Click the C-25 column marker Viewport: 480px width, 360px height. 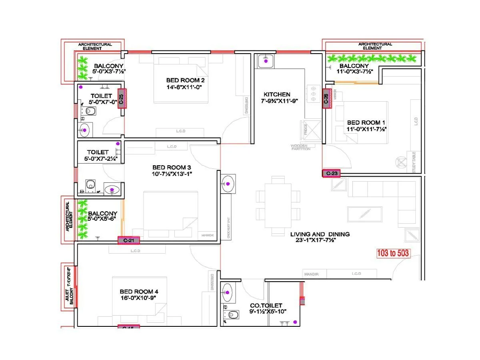(x=122, y=98)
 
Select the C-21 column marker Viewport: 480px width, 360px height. (x=128, y=240)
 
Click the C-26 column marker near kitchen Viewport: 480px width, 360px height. (x=326, y=98)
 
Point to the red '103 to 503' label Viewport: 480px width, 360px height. (x=393, y=253)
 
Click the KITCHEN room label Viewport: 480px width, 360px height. (x=277, y=94)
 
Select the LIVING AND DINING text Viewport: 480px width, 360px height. (x=320, y=234)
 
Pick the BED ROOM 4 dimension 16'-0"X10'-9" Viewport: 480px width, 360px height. (x=138, y=298)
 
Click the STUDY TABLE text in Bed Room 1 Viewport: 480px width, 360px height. (x=414, y=162)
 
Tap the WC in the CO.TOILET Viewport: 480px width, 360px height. (x=232, y=315)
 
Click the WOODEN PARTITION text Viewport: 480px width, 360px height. (x=301, y=148)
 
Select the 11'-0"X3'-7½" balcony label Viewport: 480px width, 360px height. (x=354, y=71)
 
